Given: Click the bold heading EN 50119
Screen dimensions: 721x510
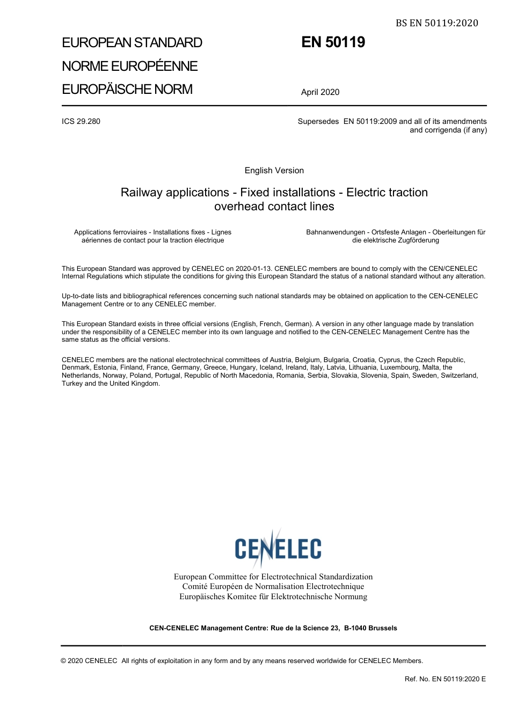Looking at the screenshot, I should tap(333, 42).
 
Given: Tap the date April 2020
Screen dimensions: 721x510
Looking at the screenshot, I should tap(320, 92).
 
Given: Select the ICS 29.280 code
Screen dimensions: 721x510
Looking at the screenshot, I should tap(81, 121).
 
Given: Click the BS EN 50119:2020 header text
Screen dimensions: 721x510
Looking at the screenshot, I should tap(436, 23).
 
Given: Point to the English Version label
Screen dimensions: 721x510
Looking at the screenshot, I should tap(274, 171).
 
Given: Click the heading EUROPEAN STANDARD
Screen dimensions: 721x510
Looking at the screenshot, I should tap(132, 43).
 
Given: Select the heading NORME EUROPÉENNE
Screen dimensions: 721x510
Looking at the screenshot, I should tap(129, 66).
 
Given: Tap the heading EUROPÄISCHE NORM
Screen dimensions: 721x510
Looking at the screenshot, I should tap(127, 89).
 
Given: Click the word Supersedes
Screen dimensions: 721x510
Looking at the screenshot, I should tap(318, 121).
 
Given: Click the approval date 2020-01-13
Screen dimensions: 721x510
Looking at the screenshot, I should tap(253, 269).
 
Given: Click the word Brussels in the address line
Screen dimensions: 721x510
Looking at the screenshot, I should tap(382, 628).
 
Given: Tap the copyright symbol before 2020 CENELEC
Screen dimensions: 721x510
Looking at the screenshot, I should tap(64, 661).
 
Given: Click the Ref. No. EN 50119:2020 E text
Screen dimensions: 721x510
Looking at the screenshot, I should tap(445, 679).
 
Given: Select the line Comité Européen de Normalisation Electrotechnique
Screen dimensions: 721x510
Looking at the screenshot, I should tap(273, 587).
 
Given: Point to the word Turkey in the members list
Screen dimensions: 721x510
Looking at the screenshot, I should tap(71, 384).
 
